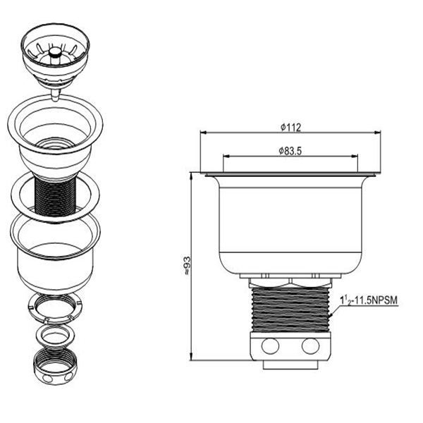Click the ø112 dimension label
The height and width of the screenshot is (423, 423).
point(290,127)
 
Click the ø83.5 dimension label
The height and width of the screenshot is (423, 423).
point(290,151)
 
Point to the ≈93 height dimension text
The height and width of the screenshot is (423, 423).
point(186,266)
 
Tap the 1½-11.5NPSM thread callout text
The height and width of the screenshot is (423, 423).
point(369,300)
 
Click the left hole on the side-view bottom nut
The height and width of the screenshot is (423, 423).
point(270,346)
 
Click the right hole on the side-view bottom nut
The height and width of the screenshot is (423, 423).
point(310,346)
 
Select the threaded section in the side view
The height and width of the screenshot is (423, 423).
point(290,309)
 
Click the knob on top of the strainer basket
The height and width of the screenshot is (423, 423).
point(55,51)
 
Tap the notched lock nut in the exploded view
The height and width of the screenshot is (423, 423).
point(55,308)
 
